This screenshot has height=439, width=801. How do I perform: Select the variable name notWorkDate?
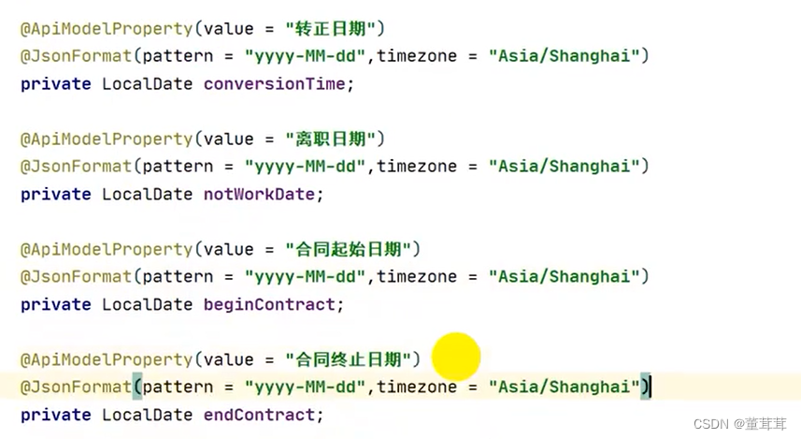pos(264,194)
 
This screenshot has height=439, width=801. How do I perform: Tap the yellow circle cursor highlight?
pos(456,356)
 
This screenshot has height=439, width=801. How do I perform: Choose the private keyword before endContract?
pos(56,415)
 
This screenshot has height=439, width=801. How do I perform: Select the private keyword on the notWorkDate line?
pos(56,194)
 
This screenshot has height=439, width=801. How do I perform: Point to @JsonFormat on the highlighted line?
pos(76,387)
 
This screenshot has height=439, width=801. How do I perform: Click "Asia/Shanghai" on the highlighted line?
pos(564,387)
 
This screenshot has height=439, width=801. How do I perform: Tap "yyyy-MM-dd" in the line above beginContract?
pos(304,276)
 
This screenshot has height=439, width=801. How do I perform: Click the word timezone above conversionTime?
pos(417,55)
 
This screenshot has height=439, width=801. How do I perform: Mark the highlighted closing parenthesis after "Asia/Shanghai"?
pos(645,387)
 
